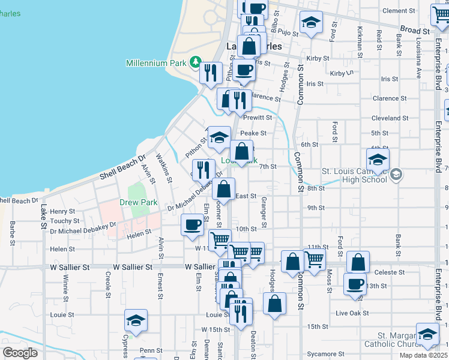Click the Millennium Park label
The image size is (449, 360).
tap(156, 63)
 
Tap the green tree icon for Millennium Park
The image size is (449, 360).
tap(195, 62)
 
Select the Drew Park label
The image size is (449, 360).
tap(138, 203)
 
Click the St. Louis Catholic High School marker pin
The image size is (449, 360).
tap(396, 175)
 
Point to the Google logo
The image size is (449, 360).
tap(20, 353)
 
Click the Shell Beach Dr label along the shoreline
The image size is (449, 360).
tap(123, 166)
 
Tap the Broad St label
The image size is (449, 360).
tap(415, 29)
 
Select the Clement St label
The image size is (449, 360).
tap(399, 11)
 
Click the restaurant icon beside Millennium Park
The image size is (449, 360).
tap(210, 73)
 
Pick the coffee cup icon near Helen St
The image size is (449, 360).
tap(192, 224)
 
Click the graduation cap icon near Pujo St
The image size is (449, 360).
tap(310, 23)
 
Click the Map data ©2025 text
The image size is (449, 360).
tap(424, 355)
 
